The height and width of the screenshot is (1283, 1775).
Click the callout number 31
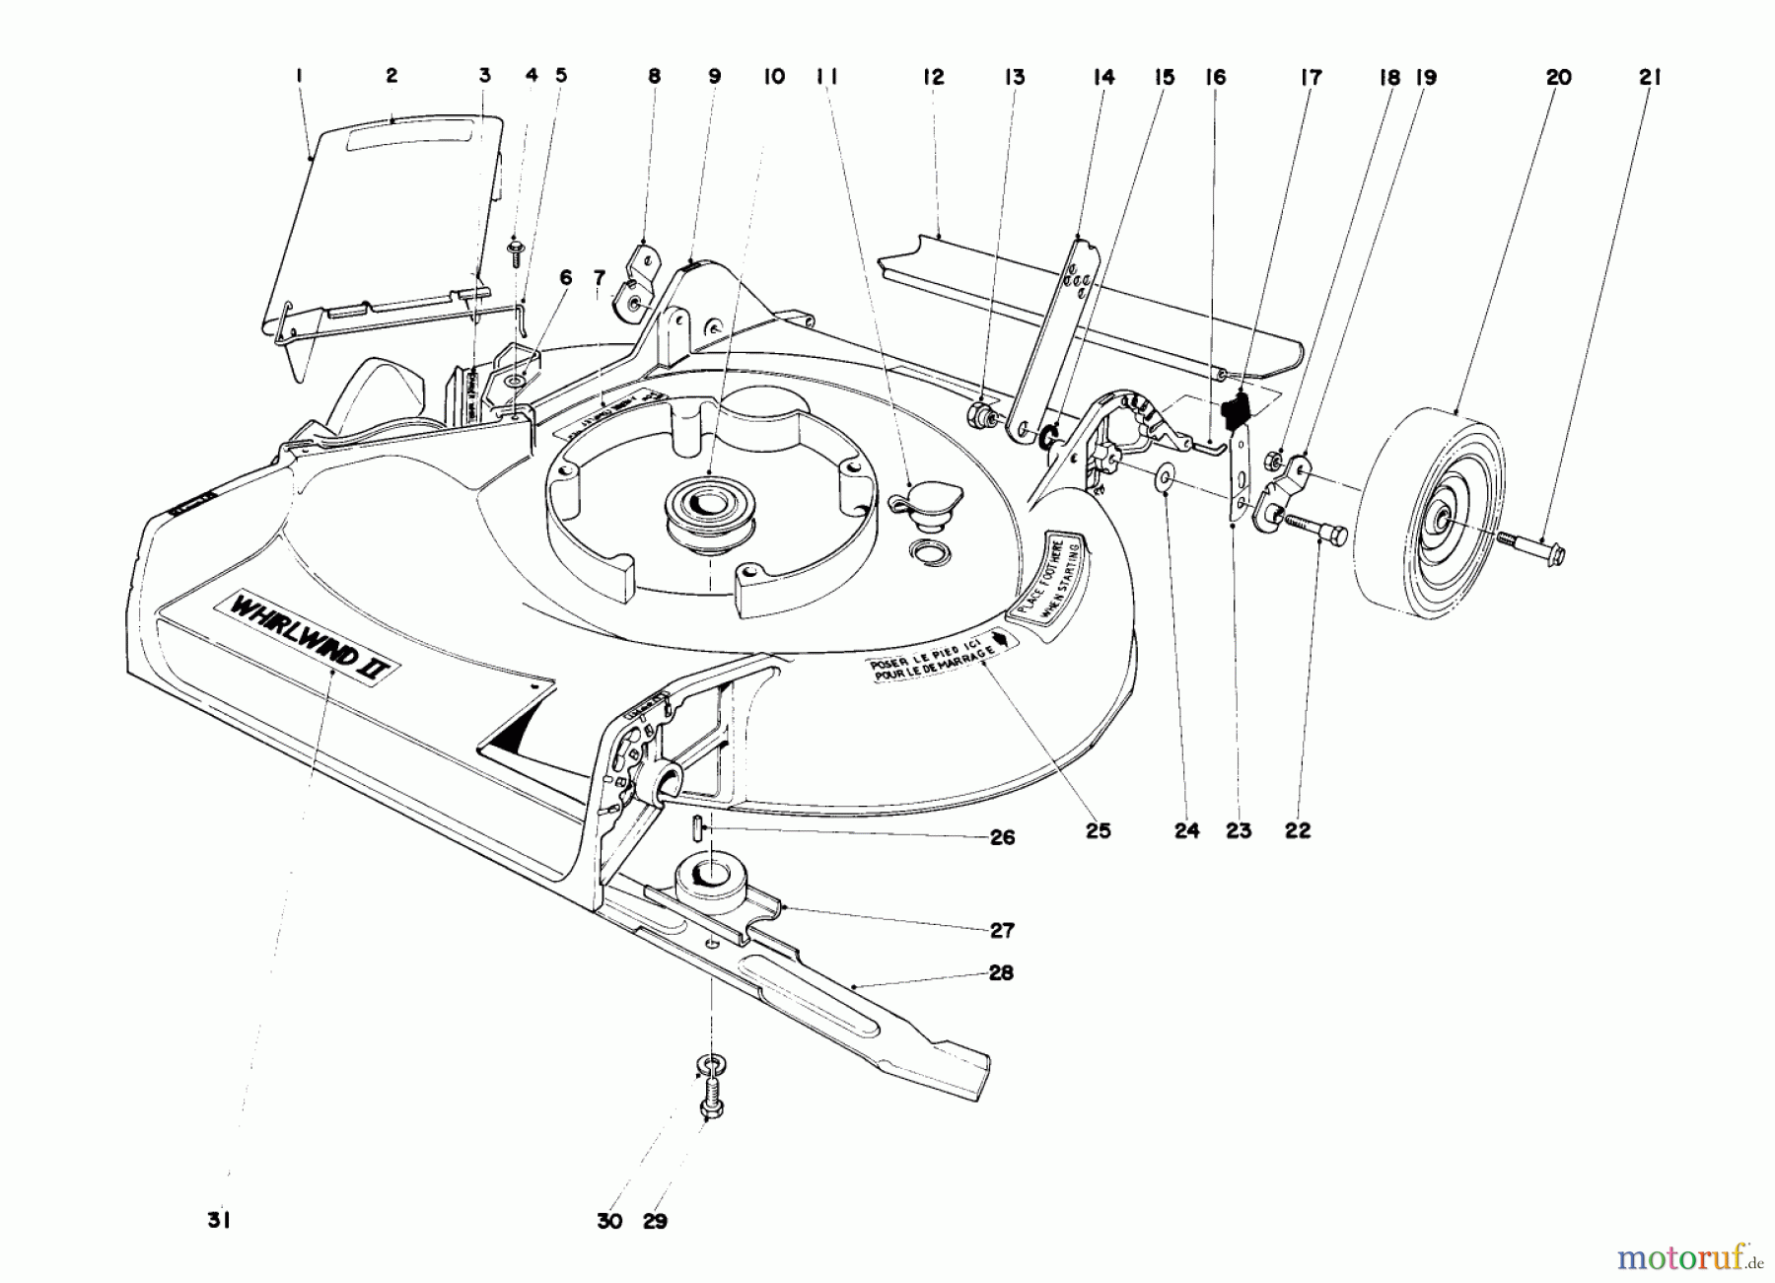(x=218, y=1220)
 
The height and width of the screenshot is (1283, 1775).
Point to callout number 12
(x=933, y=77)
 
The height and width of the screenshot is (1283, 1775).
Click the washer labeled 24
(x=1166, y=478)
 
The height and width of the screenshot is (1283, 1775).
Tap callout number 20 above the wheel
(x=1558, y=77)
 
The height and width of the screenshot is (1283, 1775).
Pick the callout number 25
(x=1098, y=830)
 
